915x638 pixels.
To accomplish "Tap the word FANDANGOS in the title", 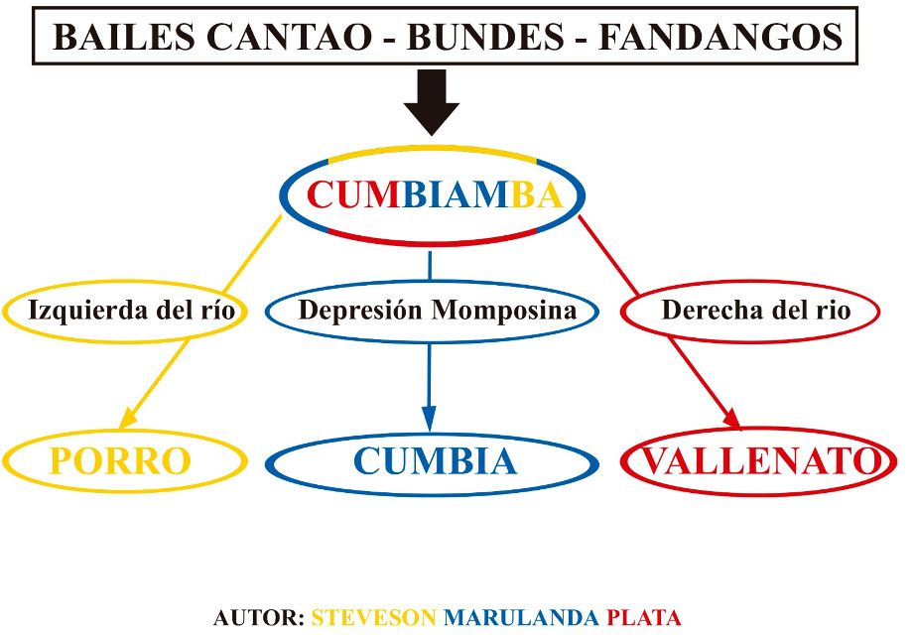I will pyautogui.click(x=720, y=38).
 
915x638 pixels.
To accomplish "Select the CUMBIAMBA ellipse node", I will pyautogui.click(x=432, y=195).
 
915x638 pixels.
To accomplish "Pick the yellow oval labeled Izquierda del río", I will pyautogui.click(x=124, y=311).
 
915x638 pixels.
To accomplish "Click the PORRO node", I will pyautogui.click(x=123, y=461).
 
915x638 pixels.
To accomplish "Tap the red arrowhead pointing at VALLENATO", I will pyautogui.click(x=732, y=420).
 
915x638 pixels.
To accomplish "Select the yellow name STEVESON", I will pyautogui.click(x=373, y=617).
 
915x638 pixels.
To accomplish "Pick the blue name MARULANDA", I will pyautogui.click(x=521, y=617).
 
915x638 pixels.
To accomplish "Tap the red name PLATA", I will pyautogui.click(x=643, y=617).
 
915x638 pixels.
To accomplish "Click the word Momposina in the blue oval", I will pyautogui.click(x=503, y=310).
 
